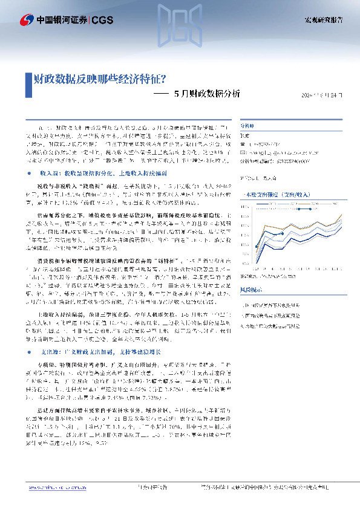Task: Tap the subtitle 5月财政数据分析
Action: coord(206,94)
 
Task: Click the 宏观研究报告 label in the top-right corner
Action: coord(322,20)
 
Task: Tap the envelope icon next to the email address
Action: coord(243,154)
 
